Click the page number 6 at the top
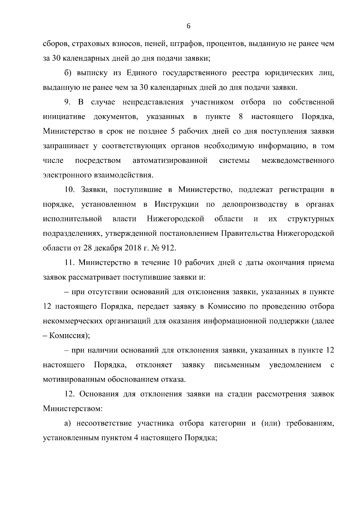[188, 26]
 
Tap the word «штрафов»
[182, 44]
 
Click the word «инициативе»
[64, 117]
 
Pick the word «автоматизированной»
[170, 160]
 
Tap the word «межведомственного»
[298, 160]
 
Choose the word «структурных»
[311, 219]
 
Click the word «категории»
[228, 424]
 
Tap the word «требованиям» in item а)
[310, 424]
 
